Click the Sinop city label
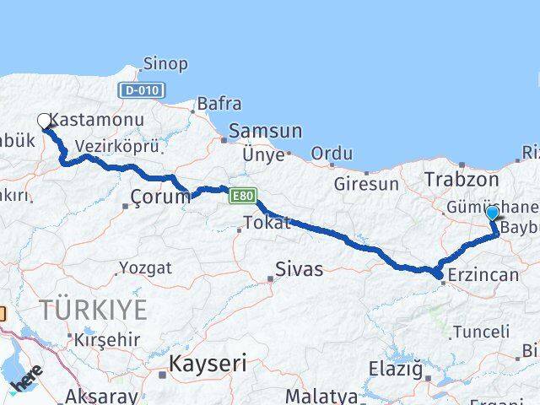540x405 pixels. click(x=165, y=64)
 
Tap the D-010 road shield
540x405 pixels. click(x=142, y=90)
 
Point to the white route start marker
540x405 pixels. click(x=44, y=121)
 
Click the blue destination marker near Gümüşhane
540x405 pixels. click(x=492, y=213)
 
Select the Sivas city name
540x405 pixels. click(x=300, y=270)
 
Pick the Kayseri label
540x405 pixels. click(x=208, y=364)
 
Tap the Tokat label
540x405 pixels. click(x=267, y=224)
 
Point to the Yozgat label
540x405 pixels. click(x=145, y=267)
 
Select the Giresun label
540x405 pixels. click(x=366, y=183)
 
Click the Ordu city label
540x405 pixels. click(x=332, y=154)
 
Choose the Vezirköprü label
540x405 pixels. click(x=116, y=147)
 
